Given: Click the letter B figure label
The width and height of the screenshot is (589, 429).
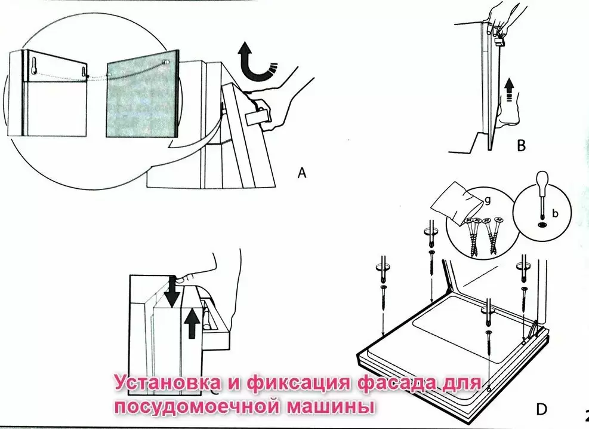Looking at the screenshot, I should pos(522,145).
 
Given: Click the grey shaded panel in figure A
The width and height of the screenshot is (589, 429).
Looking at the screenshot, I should pos(141,95).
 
